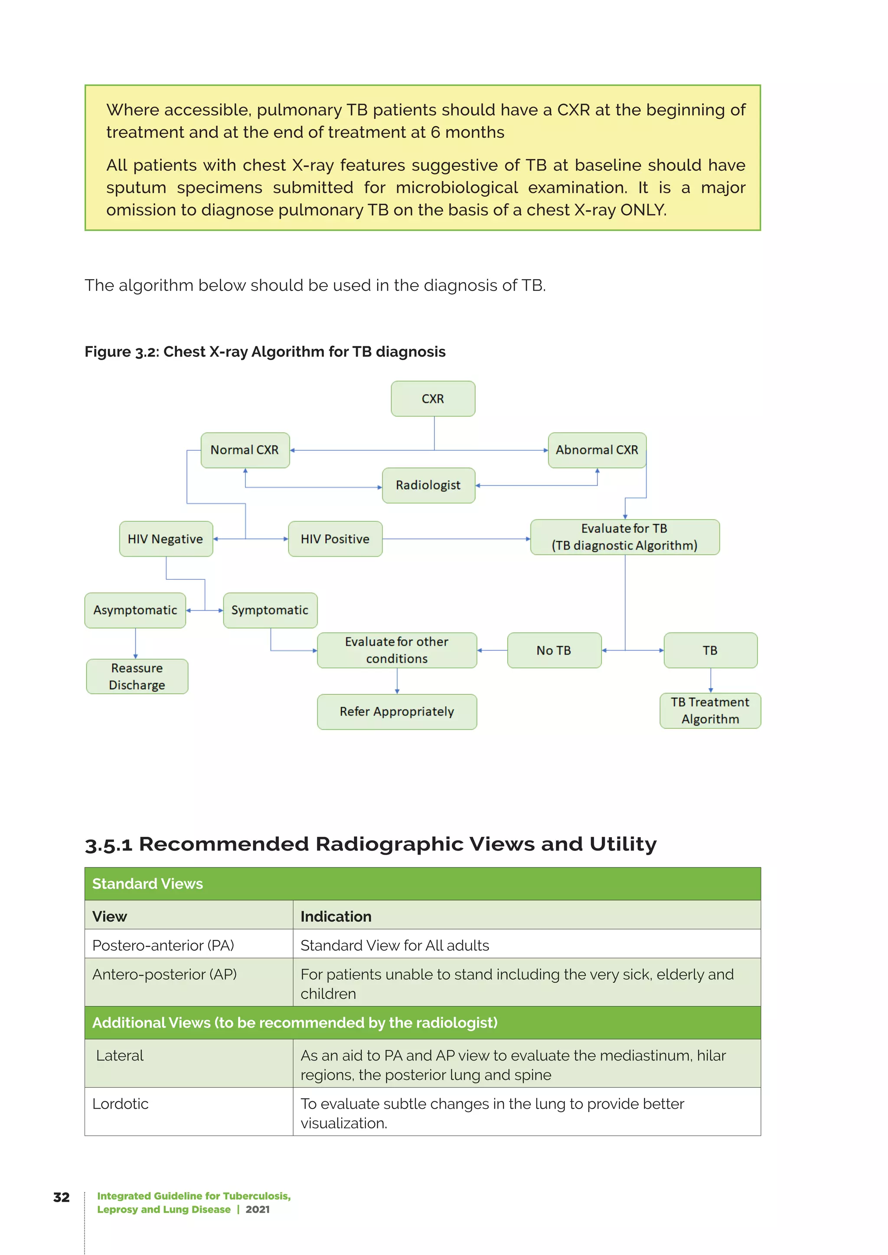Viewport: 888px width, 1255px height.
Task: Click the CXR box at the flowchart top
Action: (433, 399)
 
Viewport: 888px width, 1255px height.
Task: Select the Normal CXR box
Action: (245, 450)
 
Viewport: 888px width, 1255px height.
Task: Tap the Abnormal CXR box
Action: (597, 450)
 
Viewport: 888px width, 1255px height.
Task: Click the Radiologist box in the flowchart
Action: (428, 485)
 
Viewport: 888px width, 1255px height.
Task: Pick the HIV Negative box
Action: (166, 539)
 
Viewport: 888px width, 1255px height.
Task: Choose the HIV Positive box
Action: (335, 539)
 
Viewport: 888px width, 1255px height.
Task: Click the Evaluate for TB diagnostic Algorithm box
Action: (624, 537)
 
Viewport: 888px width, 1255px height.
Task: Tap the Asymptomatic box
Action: (135, 610)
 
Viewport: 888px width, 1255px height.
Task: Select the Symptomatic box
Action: (270, 610)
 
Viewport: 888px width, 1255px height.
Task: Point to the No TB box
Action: (554, 650)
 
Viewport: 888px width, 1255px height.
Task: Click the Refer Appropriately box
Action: (397, 711)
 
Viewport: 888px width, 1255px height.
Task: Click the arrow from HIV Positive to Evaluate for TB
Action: (457, 539)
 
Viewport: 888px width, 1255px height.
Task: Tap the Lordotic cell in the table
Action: (121, 1104)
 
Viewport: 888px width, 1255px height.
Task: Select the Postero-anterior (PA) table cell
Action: (163, 945)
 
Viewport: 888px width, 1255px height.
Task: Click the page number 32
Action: (61, 1197)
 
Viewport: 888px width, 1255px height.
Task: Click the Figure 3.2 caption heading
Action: (265, 351)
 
